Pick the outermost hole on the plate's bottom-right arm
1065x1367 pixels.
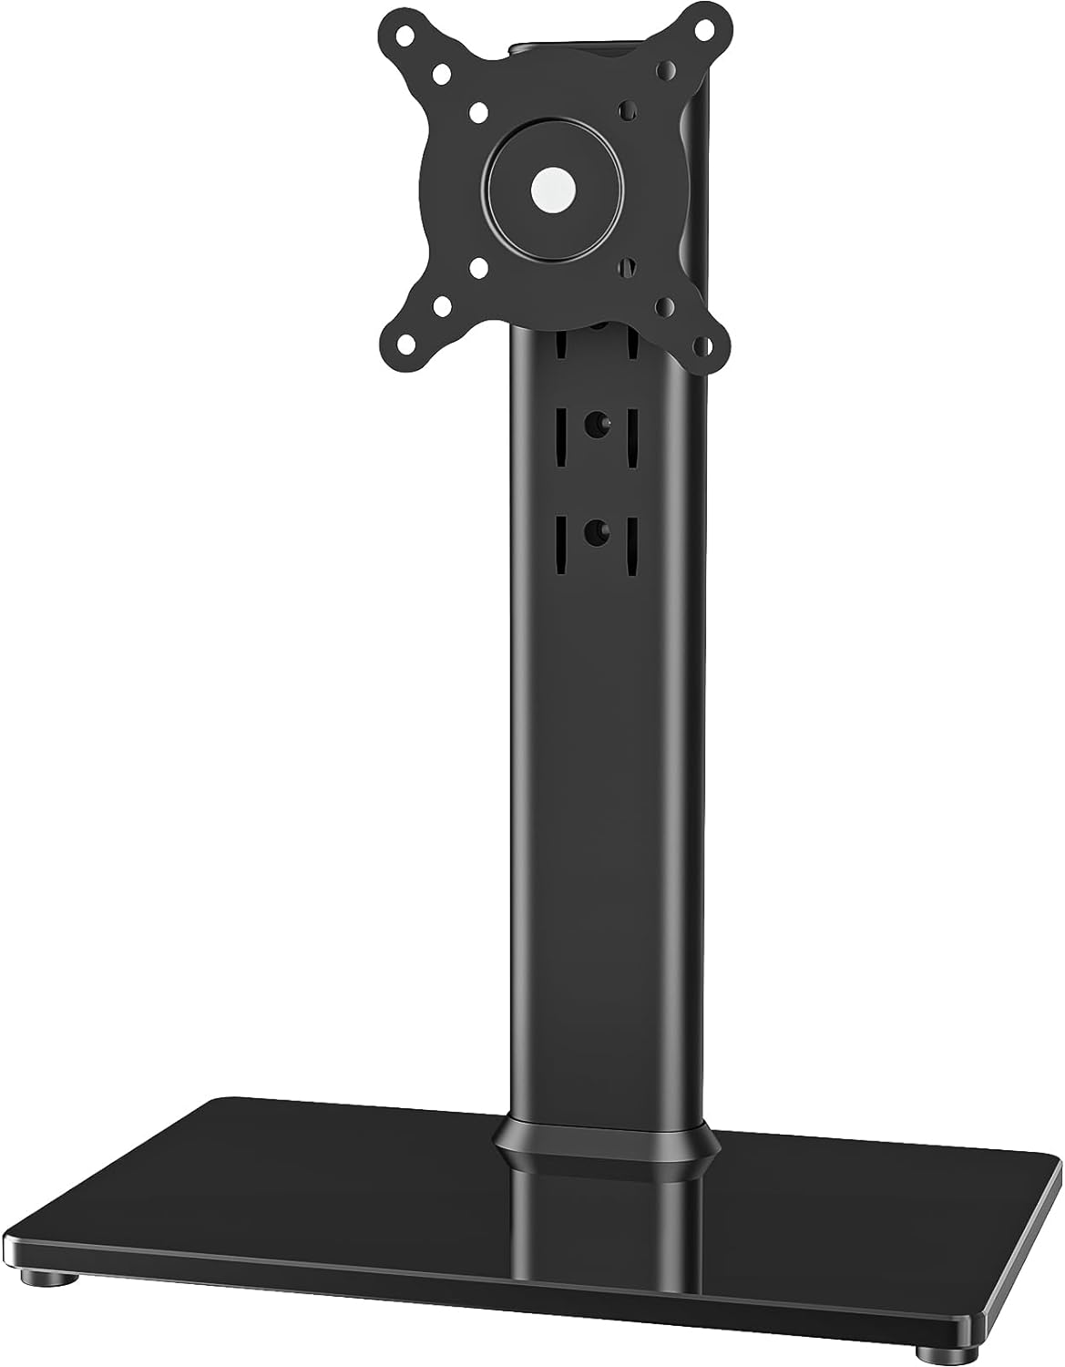(x=700, y=346)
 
